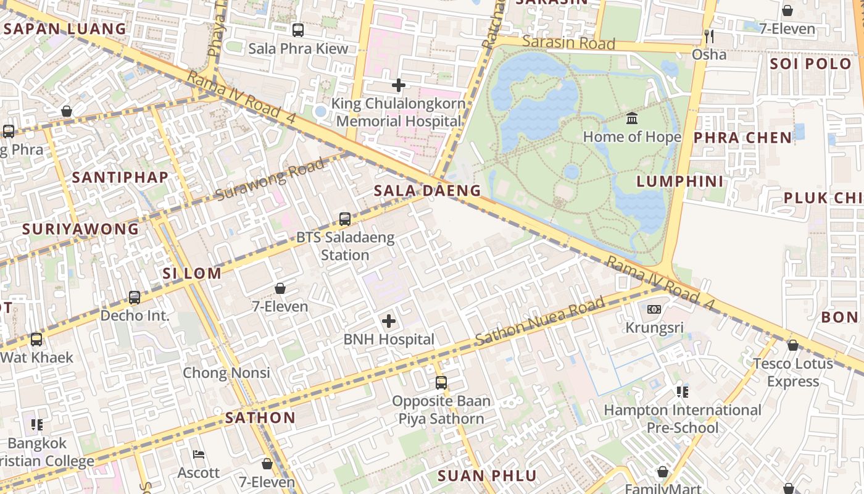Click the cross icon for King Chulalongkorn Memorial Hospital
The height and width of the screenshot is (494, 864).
(x=399, y=85)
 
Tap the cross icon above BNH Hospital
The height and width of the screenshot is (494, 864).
(x=389, y=321)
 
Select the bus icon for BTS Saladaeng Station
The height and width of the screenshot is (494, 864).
(x=345, y=219)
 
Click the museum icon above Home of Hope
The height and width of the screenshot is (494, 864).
(x=632, y=119)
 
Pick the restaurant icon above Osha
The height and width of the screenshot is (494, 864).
(x=708, y=36)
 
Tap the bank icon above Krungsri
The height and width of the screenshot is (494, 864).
(x=654, y=309)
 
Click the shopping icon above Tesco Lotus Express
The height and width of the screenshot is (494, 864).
(x=793, y=345)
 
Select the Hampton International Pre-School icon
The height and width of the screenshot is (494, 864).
(x=682, y=391)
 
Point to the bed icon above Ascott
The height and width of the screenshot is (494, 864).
(x=198, y=454)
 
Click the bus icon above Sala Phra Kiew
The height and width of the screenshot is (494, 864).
(x=298, y=30)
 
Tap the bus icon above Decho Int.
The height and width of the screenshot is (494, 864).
(x=135, y=298)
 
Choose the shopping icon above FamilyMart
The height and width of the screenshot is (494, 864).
(x=663, y=472)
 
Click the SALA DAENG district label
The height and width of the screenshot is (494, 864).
(x=427, y=191)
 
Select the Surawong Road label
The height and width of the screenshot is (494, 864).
(x=270, y=180)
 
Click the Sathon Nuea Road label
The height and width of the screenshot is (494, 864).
(x=540, y=322)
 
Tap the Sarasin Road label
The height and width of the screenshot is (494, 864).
(x=568, y=43)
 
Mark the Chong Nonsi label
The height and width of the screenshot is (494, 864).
(x=226, y=373)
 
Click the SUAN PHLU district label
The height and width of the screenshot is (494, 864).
(x=487, y=476)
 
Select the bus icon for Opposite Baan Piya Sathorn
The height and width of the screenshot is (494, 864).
(x=441, y=383)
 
